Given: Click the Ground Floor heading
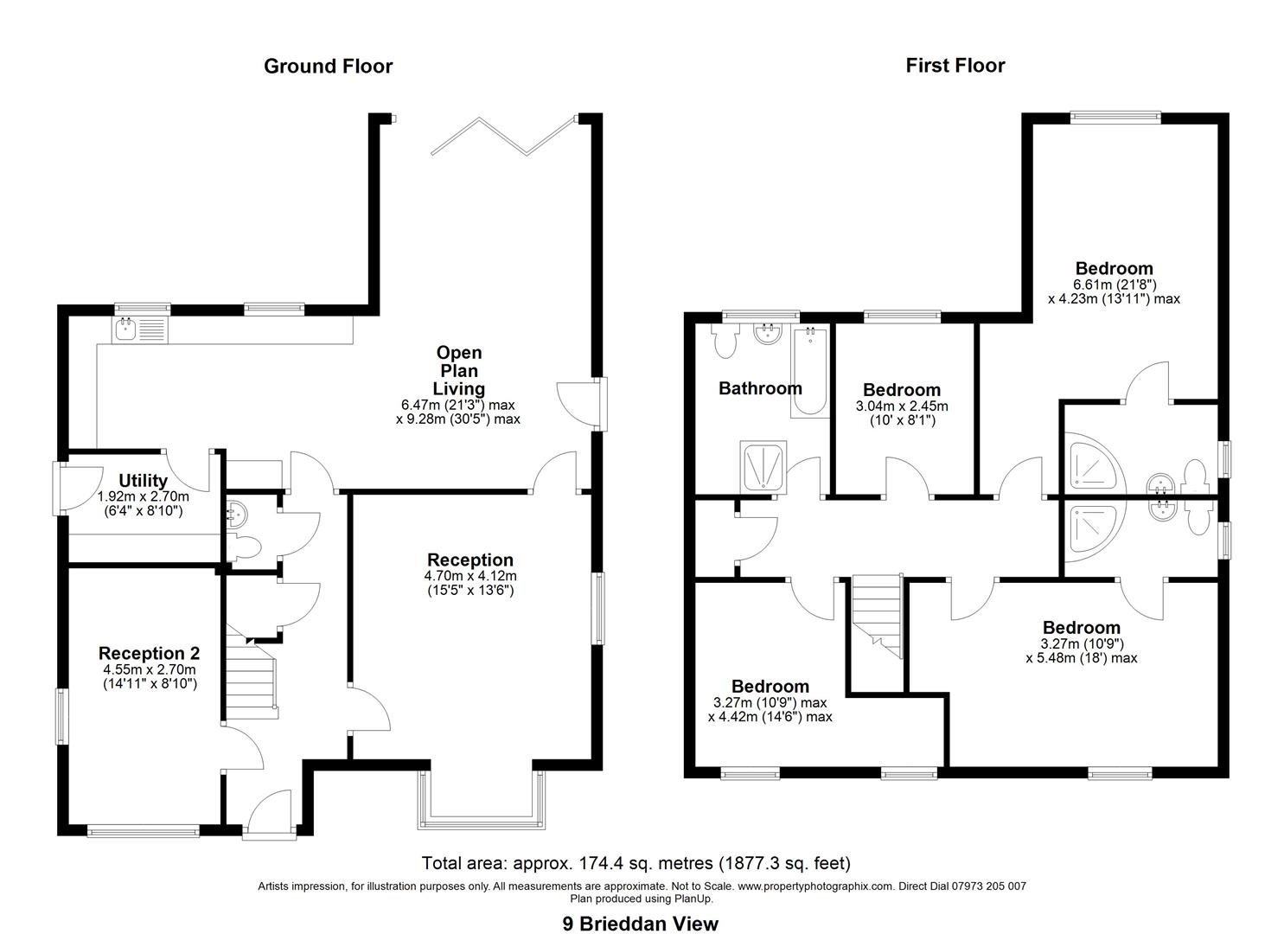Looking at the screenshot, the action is point(328,67).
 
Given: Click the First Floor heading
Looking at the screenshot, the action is point(955,66).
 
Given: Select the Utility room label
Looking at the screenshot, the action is point(143,481).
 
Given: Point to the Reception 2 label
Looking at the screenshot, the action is point(149,653).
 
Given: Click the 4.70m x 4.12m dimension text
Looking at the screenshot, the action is point(470,576).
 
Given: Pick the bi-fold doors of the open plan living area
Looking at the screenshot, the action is point(504,136).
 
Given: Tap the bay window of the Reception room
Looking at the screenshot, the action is point(481,801).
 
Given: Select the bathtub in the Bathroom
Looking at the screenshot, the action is point(810,372).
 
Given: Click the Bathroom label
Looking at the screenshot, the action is point(760,389).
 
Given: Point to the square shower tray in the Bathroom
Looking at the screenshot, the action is point(763,467).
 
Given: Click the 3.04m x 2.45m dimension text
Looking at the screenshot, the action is point(902,406).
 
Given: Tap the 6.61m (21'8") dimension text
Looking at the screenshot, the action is point(1114,285).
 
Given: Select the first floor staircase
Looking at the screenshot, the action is point(877,617).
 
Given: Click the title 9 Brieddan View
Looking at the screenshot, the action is point(641,908).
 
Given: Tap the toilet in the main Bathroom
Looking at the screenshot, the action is point(725,341).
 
